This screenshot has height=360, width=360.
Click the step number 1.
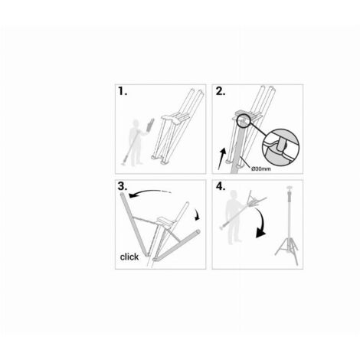point(123,91)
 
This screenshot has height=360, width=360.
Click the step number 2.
point(221,91)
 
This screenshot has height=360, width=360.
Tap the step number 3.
point(123,186)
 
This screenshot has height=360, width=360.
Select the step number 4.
point(221,186)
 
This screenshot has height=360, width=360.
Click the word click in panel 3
point(129,257)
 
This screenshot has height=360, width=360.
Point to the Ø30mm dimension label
point(261,169)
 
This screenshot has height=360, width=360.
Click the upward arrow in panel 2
point(222,159)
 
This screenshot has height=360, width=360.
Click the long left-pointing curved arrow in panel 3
point(149,192)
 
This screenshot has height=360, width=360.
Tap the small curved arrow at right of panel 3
point(198,214)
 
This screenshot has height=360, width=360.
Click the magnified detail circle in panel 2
point(280,147)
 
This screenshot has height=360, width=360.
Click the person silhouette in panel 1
point(136,142)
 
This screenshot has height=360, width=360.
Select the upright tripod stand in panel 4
point(289,226)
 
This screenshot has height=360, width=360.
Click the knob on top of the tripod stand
point(289,189)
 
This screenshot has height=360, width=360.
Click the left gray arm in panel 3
point(134,224)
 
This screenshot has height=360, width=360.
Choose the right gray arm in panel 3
point(176,246)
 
